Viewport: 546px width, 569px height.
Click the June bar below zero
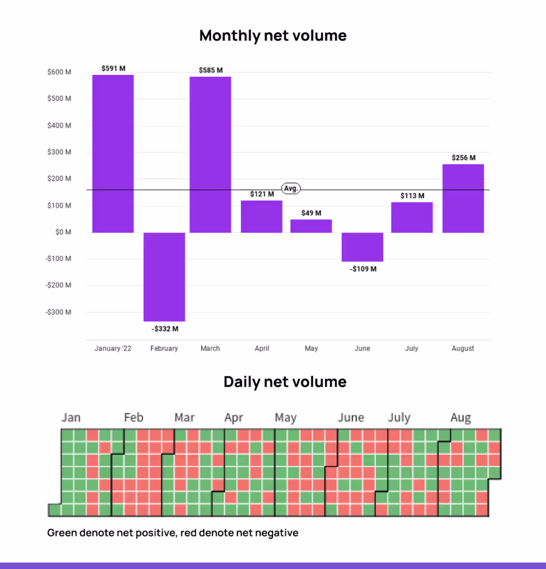pyautogui.click(x=362, y=247)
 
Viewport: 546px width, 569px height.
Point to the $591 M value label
pyautogui.click(x=113, y=68)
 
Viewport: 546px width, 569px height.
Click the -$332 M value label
pyautogui.click(x=165, y=329)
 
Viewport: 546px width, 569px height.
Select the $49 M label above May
pyautogui.click(x=311, y=213)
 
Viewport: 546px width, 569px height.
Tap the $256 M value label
pyautogui.click(x=463, y=158)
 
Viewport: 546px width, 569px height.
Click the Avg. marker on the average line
pyautogui.click(x=291, y=188)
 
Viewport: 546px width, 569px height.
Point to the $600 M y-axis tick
pyautogui.click(x=60, y=72)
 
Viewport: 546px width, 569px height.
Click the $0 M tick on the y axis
pyautogui.click(x=63, y=232)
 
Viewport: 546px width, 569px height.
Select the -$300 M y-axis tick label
pyautogui.click(x=59, y=312)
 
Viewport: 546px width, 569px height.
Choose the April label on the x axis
pyautogui.click(x=262, y=348)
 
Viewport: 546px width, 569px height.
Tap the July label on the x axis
pyautogui.click(x=411, y=348)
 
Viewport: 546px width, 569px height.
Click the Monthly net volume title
pyautogui.click(x=273, y=36)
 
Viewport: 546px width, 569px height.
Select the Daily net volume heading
pyautogui.click(x=285, y=382)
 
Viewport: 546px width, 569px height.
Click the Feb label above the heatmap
pyautogui.click(x=133, y=418)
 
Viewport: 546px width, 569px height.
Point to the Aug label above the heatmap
pyautogui.click(x=460, y=418)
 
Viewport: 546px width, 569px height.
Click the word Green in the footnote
pyautogui.click(x=62, y=533)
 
